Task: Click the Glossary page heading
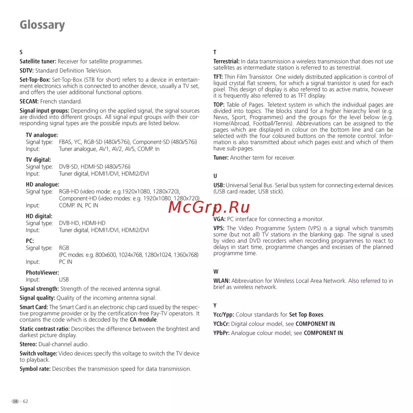(42, 25)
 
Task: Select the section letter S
(21, 52)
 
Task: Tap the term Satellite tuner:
(38, 62)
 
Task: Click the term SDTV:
(27, 71)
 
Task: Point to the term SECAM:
(29, 101)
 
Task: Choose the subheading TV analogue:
(42, 135)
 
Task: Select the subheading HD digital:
(39, 216)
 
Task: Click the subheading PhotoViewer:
(42, 273)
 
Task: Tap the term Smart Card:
(34, 307)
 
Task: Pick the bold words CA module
(143, 320)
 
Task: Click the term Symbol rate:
(35, 369)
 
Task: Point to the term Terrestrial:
(226, 62)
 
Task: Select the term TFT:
(218, 77)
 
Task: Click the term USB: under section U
(219, 185)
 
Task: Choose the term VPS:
(219, 228)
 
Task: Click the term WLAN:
(221, 281)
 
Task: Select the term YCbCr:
(221, 324)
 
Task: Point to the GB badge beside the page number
(15, 401)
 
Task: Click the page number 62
(26, 401)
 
